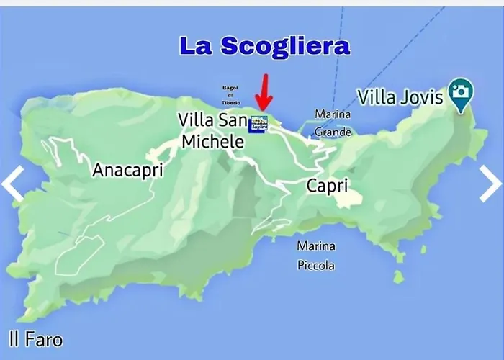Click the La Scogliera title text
[x=264, y=46]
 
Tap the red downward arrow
[x=264, y=92]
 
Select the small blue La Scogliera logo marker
[x=258, y=124]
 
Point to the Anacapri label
[x=127, y=171]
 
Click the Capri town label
[x=328, y=186]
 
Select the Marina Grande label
[x=333, y=123]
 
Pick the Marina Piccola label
[x=315, y=256]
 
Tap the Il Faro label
[x=36, y=339]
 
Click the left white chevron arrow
[x=13, y=184]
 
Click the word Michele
[x=212, y=142]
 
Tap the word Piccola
[x=315, y=265]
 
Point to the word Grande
[x=333, y=132]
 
